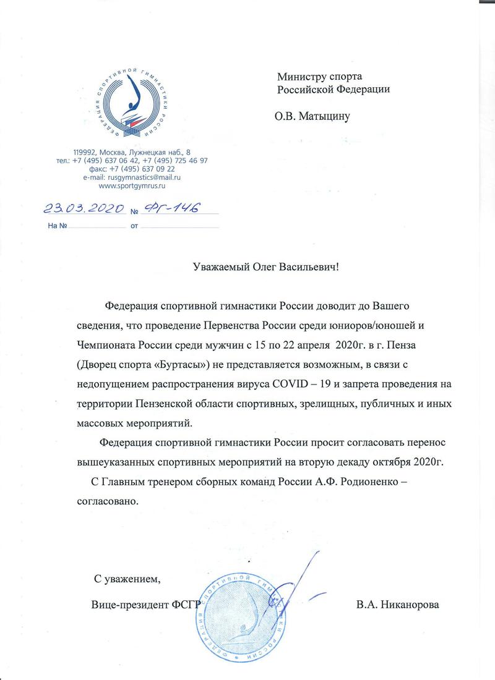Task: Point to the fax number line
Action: point(141,168)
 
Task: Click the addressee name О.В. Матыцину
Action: point(312,114)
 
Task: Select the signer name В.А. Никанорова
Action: point(397,604)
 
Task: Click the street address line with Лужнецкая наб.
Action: point(132,152)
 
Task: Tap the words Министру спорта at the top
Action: point(319,77)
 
